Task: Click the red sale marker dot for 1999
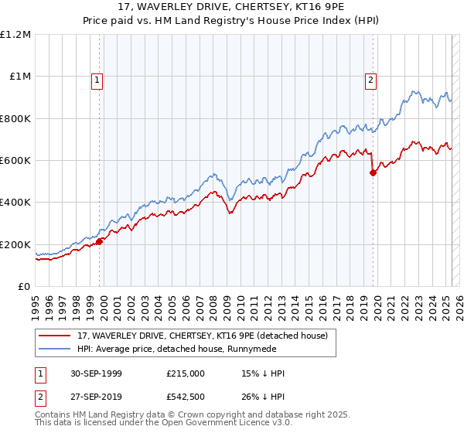100,241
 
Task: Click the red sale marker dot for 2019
373,172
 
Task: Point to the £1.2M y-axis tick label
16,35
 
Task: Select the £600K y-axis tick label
16,161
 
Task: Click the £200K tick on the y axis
16,244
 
